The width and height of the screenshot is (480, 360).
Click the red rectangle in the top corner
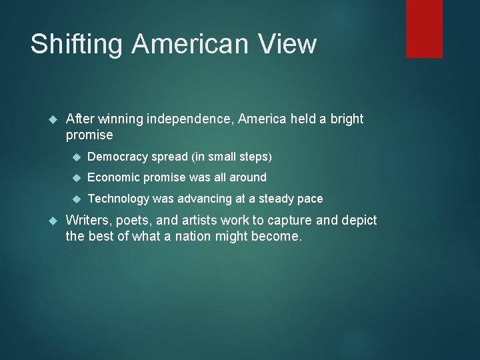click(424, 29)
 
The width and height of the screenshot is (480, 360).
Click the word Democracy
click(118, 157)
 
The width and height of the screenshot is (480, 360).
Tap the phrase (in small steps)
click(231, 157)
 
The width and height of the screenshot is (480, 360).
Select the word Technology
click(119, 198)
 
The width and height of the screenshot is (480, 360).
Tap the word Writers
click(90, 221)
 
